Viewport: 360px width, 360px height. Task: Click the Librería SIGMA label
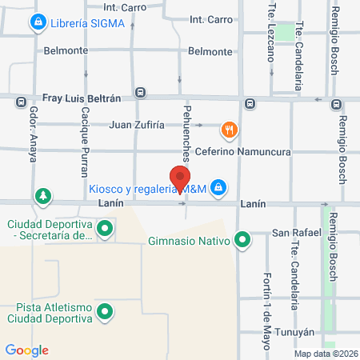87,23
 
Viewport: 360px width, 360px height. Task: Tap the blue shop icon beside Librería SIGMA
37,24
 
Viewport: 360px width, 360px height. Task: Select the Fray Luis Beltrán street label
82,98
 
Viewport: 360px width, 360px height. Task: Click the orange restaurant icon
229,128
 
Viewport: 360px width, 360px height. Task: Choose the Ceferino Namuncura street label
242,151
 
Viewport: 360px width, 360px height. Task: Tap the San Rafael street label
296,233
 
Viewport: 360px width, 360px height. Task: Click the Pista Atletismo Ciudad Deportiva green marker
104,311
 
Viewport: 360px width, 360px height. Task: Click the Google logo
26,350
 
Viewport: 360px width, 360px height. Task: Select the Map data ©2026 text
326,354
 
